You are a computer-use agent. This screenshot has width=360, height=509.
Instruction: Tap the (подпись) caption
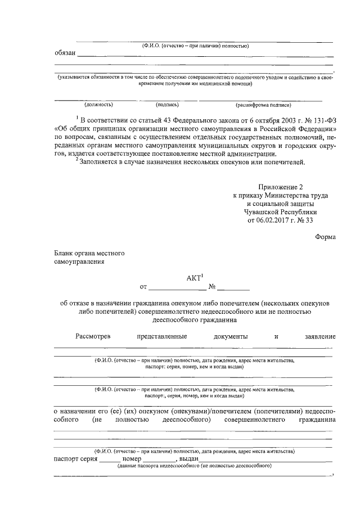coord(167,105)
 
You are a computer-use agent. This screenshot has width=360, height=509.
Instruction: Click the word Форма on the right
coord(326,237)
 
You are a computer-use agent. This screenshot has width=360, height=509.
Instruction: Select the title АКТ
coord(192,277)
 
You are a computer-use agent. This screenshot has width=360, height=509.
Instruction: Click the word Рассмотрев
coord(93,336)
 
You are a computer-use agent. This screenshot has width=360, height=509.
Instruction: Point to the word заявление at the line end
coord(320,336)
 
